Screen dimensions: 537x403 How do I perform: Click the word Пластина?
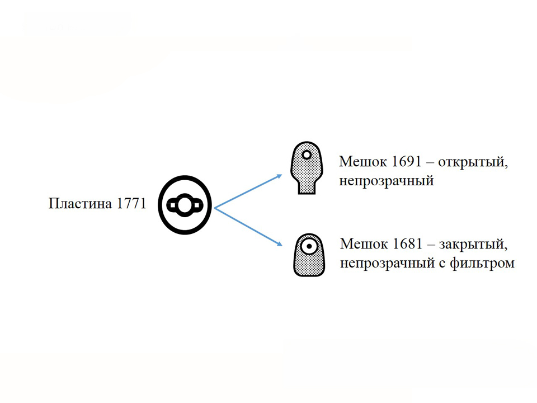click(x=81, y=204)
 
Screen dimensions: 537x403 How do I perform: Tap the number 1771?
click(x=131, y=204)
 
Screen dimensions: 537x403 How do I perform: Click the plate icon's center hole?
click(x=185, y=205)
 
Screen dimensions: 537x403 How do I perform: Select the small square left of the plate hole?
click(x=173, y=205)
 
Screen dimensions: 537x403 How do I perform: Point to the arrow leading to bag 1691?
click(x=248, y=191)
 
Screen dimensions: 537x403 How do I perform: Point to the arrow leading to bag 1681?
click(x=248, y=227)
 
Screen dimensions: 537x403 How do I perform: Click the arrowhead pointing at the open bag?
click(x=279, y=176)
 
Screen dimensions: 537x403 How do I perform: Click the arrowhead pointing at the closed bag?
click(x=279, y=243)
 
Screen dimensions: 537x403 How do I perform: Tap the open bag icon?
click(x=307, y=168)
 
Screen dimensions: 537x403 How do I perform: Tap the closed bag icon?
click(x=309, y=255)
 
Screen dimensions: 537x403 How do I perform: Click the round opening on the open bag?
click(x=307, y=155)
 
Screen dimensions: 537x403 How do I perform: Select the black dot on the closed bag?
click(x=309, y=246)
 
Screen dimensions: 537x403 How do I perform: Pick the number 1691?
click(x=406, y=161)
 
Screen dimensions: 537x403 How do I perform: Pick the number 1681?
click(x=408, y=243)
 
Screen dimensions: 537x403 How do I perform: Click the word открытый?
click(x=473, y=162)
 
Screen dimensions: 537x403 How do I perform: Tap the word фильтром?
click(x=482, y=263)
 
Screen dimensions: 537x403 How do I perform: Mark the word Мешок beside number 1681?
click(x=364, y=243)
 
